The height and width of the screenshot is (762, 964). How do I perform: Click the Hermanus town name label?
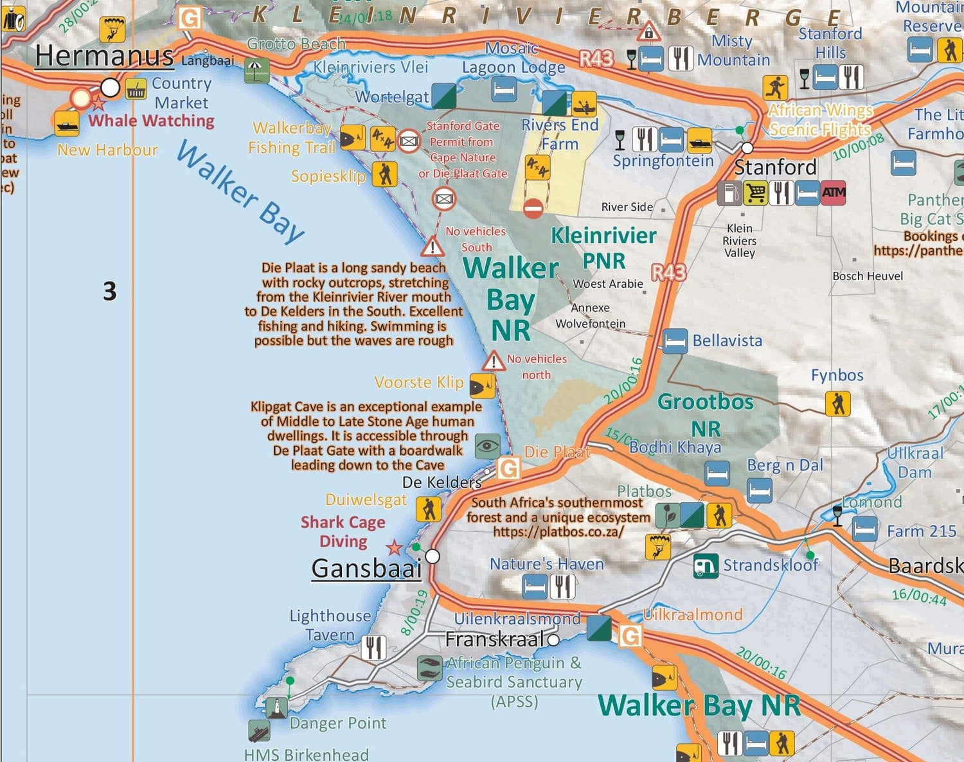point(104,56)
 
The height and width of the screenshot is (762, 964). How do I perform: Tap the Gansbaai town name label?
point(366,568)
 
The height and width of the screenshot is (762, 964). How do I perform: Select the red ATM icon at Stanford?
point(833,192)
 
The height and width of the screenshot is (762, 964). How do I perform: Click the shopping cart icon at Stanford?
point(755,192)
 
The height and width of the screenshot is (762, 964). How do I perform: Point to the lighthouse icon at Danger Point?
point(276,707)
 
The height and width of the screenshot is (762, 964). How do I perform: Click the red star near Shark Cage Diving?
point(394,548)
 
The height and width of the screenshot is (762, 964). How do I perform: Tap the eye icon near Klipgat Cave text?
point(487,445)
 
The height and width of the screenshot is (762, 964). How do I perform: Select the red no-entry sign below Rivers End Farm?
point(533,208)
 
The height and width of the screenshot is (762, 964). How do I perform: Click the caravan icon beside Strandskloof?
point(706,565)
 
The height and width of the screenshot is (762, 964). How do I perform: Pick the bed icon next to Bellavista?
point(675,341)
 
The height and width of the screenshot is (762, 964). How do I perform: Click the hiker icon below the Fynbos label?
point(837,403)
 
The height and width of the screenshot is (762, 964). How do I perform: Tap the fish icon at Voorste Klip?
point(482,385)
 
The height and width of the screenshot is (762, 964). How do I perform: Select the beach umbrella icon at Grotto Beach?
point(256,71)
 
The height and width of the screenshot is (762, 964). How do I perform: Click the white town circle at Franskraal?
point(553,639)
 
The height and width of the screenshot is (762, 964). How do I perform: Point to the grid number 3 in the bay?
point(110,291)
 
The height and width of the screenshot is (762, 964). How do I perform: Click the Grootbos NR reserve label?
point(706,414)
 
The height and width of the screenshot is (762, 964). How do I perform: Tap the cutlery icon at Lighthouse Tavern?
point(373,648)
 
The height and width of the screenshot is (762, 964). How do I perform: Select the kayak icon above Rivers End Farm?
point(584,104)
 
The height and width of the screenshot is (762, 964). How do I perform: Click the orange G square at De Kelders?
point(508,468)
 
